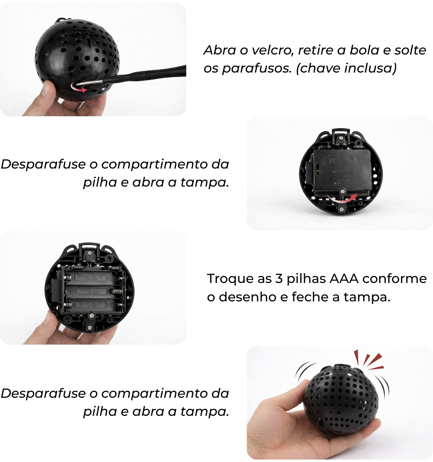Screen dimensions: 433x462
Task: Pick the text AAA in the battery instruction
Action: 344,279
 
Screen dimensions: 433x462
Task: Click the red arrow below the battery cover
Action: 342,199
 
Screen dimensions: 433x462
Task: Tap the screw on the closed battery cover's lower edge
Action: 342,191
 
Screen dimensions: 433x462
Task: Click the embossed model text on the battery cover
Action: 343,172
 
